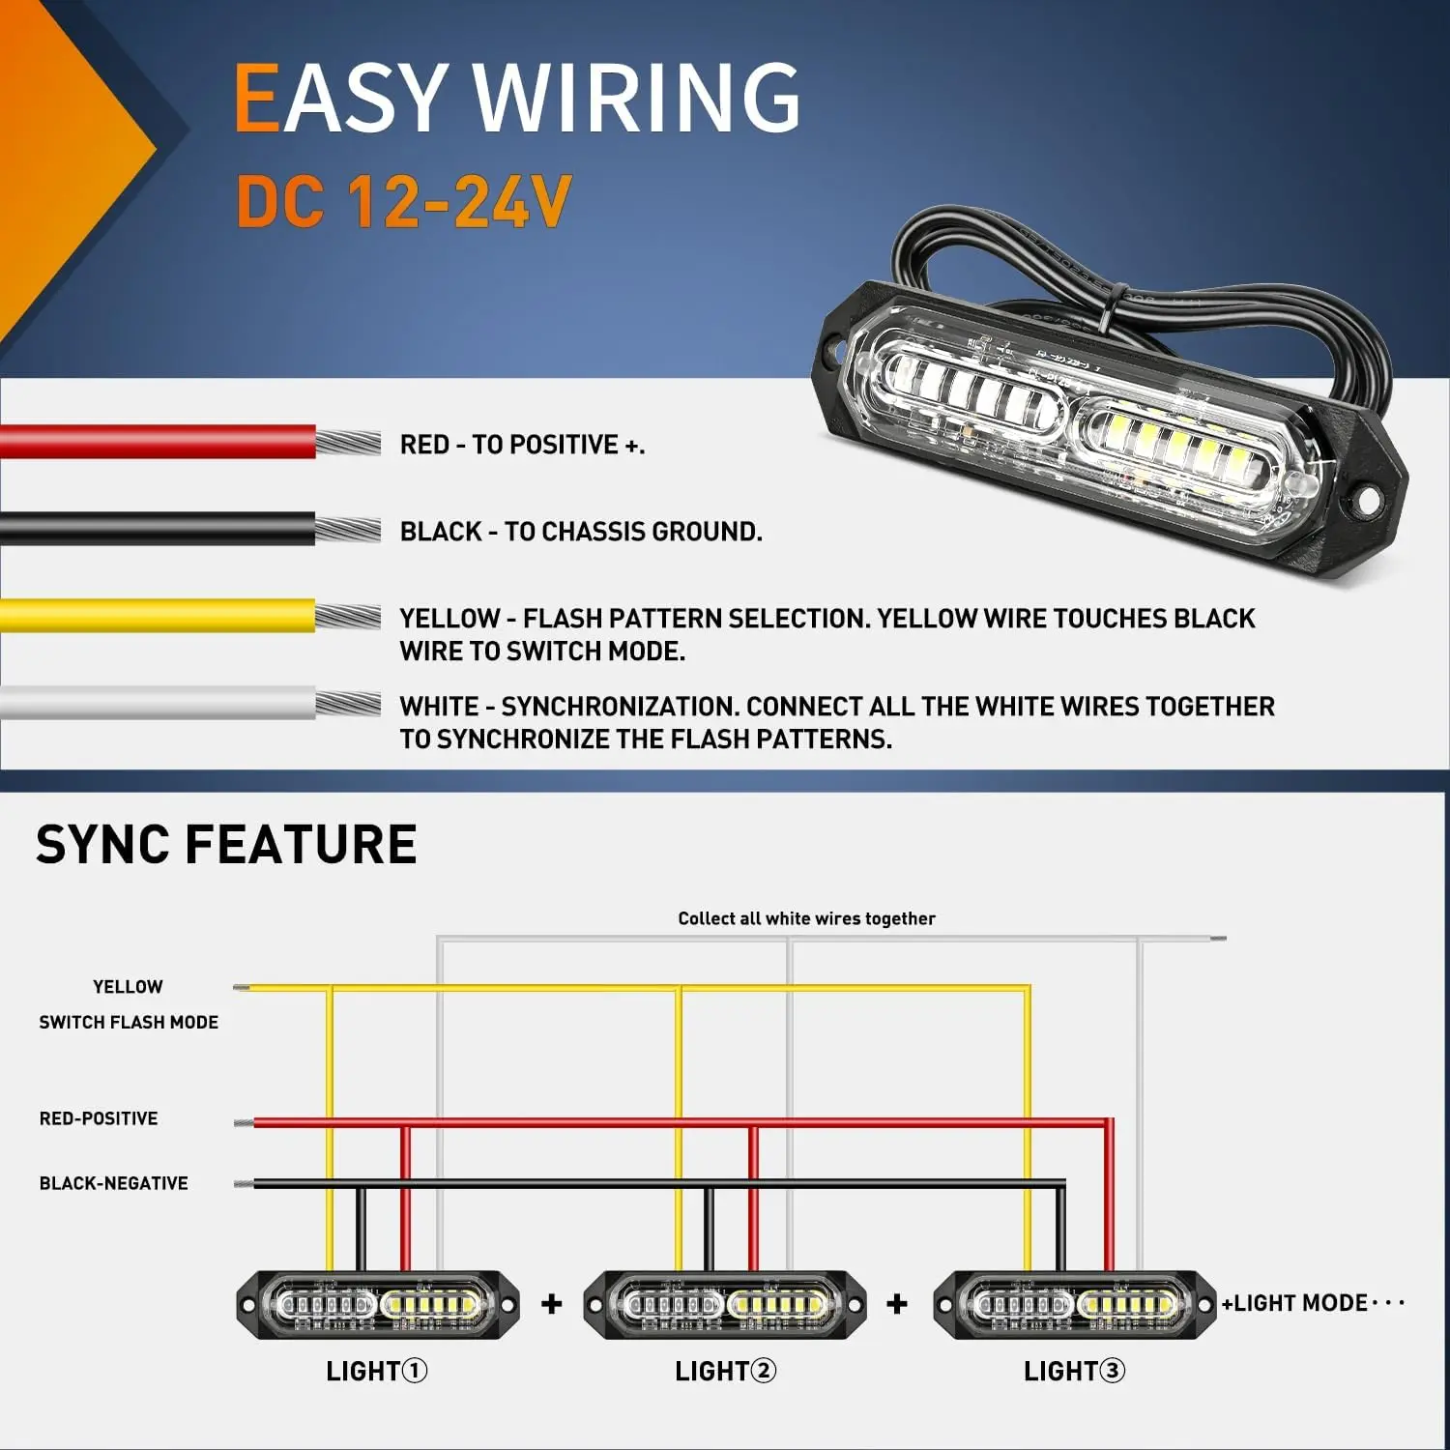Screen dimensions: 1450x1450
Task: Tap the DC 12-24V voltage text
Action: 404,202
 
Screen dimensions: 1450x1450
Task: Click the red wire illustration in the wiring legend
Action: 159,442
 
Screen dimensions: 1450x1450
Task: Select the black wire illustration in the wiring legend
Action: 159,530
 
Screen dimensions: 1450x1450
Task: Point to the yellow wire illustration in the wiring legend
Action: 159,616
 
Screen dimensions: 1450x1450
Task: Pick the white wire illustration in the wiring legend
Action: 159,703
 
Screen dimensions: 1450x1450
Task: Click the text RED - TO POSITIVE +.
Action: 522,445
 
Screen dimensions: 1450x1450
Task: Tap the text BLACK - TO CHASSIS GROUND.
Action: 581,532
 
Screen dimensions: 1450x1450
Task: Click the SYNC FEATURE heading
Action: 226,844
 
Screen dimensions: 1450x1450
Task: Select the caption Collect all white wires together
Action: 806,918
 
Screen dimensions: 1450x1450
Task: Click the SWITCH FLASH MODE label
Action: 129,1022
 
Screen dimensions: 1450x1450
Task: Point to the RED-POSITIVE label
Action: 99,1118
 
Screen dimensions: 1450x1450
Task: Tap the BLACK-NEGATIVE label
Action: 113,1183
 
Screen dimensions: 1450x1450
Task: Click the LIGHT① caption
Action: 376,1371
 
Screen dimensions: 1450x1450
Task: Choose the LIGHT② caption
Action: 725,1371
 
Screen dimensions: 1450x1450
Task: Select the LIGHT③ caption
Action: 1074,1371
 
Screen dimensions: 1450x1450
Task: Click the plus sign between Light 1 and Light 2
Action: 552,1304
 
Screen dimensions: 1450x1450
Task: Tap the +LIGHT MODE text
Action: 1295,1303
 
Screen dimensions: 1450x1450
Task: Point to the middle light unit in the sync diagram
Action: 725,1305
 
